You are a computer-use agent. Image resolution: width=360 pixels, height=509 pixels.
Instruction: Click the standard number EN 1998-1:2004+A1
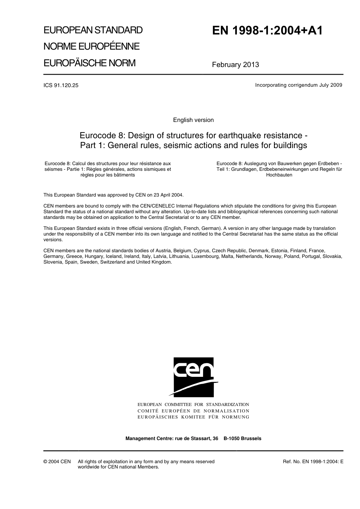tap(267, 31)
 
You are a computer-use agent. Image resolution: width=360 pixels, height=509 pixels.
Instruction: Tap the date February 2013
tap(235, 64)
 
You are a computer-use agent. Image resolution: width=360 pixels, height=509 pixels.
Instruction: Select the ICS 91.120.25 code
tap(61, 85)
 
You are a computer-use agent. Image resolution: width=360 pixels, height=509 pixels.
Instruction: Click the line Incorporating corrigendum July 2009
tap(299, 85)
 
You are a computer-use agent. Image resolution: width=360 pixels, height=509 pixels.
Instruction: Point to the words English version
tap(193, 120)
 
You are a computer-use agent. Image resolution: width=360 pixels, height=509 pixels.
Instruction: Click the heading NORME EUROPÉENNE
tap(91, 46)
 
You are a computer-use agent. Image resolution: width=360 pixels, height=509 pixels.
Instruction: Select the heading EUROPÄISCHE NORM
tap(89, 63)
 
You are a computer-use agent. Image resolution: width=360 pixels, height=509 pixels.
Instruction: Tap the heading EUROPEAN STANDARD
tap(93, 30)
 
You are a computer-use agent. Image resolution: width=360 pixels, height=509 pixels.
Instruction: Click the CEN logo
tap(193, 377)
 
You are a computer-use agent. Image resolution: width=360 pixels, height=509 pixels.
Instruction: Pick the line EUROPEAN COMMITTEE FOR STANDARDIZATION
tap(193, 404)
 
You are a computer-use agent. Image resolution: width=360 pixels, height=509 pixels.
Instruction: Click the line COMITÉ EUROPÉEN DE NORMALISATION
tap(193, 411)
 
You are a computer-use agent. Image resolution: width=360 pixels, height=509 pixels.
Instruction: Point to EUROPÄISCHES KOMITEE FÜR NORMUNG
tap(193, 417)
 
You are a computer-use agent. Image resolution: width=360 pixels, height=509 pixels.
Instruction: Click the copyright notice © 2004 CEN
tap(57, 462)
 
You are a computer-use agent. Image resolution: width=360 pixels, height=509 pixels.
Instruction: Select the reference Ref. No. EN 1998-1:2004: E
tap(313, 462)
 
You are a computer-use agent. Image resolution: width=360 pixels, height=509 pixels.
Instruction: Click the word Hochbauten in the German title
tap(279, 175)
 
